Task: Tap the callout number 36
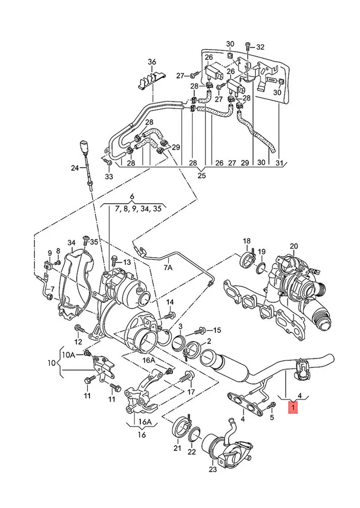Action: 152,62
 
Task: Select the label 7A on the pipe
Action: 168,268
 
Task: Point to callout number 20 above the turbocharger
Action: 294,246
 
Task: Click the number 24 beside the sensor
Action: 75,168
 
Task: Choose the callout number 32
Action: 260,47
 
